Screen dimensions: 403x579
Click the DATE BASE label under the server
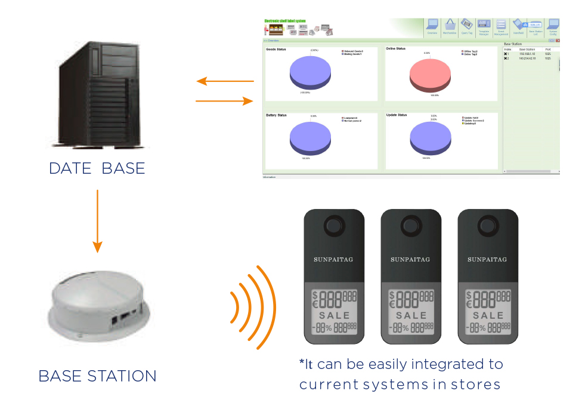pyautogui.click(x=97, y=168)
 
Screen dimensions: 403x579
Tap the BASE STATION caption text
pyautogui.click(x=97, y=376)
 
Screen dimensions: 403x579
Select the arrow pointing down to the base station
pyautogui.click(x=97, y=221)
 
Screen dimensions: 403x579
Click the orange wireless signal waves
pyautogui.click(x=253, y=307)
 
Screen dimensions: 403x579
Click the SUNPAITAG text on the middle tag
pyautogui.click(x=410, y=260)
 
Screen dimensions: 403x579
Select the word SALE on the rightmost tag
pyautogui.click(x=488, y=315)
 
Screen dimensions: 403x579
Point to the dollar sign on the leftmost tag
pyautogui.click(x=315, y=295)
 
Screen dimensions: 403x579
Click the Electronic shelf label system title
pyautogui.click(x=285, y=21)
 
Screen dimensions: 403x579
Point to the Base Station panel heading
pyautogui.click(x=515, y=44)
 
